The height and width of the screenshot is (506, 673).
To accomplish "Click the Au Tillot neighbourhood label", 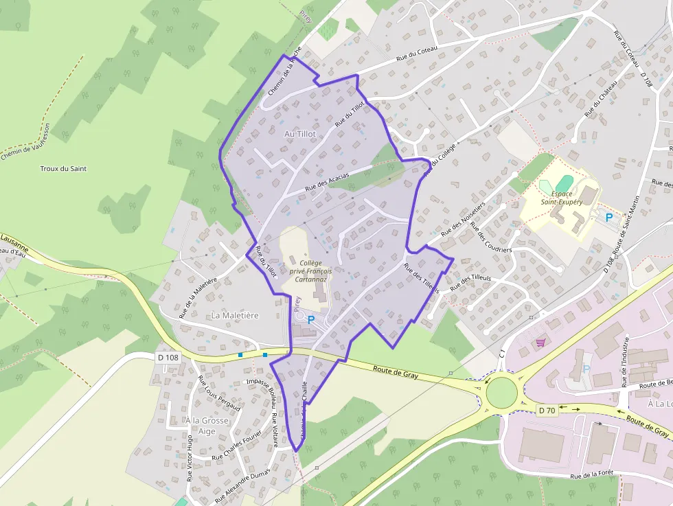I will click(299, 133).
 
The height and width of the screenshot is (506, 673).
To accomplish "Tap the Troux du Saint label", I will click(63, 168).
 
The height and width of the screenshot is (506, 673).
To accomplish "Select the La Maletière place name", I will click(235, 315).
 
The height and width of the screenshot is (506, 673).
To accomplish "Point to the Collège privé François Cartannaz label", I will click(310, 271).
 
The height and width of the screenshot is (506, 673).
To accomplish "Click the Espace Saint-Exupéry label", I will click(562, 198).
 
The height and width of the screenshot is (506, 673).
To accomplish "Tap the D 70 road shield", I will click(547, 410).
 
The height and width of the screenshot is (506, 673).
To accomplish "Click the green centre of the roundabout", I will click(502, 391).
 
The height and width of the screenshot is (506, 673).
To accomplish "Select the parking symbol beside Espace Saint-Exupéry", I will click(608, 218).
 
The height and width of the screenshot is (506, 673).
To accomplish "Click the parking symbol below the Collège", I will click(311, 319).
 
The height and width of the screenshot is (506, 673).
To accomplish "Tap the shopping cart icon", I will click(540, 341).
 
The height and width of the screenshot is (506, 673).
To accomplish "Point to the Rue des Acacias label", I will click(327, 181).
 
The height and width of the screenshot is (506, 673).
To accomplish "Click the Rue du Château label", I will click(601, 97).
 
